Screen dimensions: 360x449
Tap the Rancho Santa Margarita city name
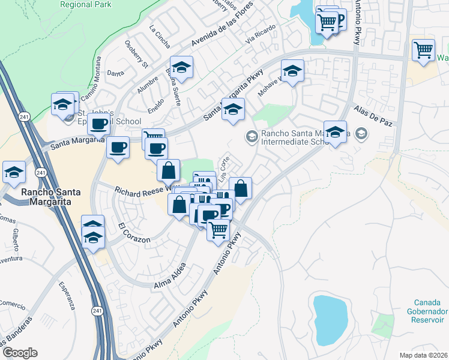pos(46,197)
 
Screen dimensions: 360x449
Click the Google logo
pos(20,353)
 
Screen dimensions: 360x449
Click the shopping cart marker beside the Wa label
pos(424,49)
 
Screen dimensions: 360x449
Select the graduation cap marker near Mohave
pos(292,71)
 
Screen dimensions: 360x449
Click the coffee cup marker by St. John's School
pos(98,124)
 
